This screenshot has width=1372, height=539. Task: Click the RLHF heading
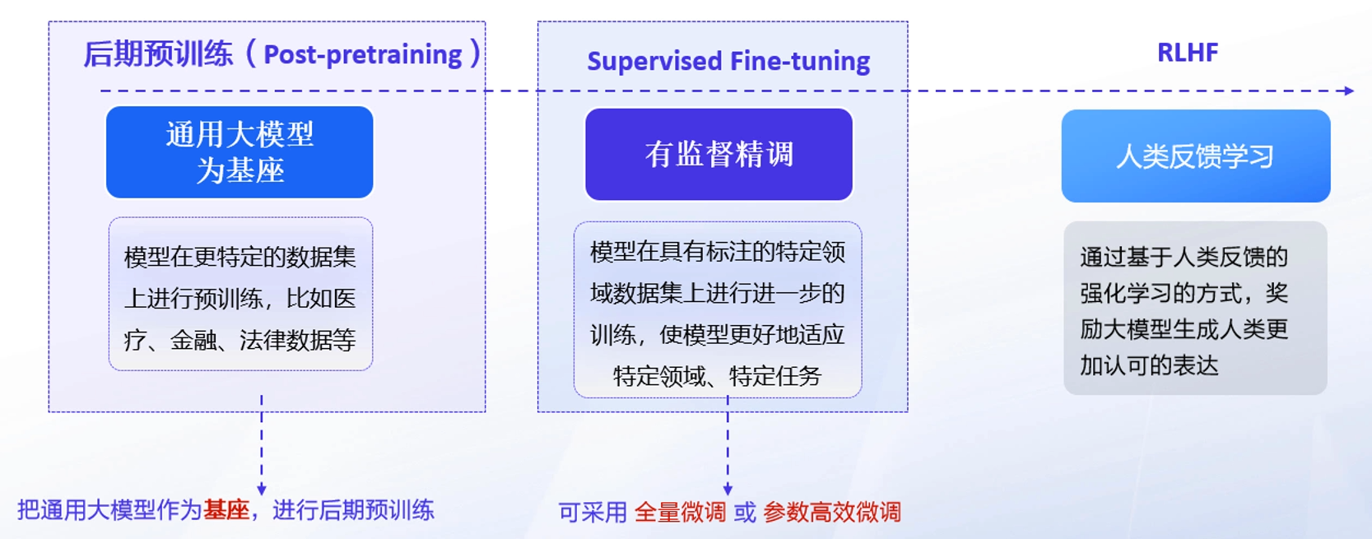coord(1187,53)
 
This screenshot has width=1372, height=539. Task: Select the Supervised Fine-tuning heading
coord(728,61)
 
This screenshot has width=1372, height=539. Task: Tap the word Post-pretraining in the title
coord(363,55)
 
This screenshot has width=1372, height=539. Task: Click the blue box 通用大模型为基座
coord(240,152)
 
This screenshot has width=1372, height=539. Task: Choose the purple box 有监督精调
coord(719,155)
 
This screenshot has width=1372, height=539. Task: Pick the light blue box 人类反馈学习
coord(1195,156)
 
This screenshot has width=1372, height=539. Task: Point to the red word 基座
coord(226,510)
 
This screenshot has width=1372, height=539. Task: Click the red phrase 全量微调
coord(680,513)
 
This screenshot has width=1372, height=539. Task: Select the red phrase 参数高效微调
coord(832,513)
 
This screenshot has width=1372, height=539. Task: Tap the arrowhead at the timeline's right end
coord(1349,91)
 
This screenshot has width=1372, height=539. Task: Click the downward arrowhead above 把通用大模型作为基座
coord(262,489)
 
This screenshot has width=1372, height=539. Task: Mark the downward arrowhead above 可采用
coord(728,490)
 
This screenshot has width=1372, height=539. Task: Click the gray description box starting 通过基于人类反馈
coord(1195,308)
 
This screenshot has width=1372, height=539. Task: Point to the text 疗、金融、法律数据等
coord(240,340)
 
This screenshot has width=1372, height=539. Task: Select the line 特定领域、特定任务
coord(718,376)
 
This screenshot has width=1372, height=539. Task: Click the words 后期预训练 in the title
coord(158,55)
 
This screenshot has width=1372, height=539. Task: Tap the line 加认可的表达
coord(1149,365)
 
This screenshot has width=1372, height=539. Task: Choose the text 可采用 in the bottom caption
coord(593,513)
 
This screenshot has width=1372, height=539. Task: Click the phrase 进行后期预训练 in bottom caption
coord(353,510)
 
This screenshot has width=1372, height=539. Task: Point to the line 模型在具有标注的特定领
coord(718,252)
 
